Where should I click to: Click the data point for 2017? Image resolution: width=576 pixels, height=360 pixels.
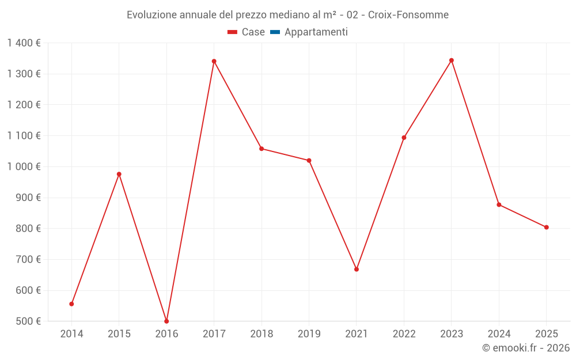click(214, 61)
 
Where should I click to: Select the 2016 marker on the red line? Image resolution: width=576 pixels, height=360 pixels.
click(166, 321)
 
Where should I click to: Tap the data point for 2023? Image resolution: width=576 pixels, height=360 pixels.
click(452, 60)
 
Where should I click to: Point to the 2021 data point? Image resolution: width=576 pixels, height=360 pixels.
click(357, 269)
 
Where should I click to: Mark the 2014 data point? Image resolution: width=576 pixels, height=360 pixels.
click(71, 304)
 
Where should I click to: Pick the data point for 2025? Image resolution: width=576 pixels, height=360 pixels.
click(546, 227)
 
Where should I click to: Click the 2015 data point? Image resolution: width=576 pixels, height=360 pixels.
click(119, 174)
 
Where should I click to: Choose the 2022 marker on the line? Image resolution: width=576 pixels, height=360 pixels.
click(404, 138)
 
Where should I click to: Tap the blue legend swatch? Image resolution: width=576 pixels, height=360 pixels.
click(275, 32)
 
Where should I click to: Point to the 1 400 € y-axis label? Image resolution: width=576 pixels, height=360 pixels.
click(24, 43)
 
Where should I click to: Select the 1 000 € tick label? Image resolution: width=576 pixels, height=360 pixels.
click(24, 166)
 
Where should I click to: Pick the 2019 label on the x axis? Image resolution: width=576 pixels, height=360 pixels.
click(309, 334)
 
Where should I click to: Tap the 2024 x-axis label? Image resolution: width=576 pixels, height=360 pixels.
click(499, 334)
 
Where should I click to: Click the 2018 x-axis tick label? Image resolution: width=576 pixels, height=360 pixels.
click(262, 334)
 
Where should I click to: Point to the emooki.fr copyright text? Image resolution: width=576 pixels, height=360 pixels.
click(525, 348)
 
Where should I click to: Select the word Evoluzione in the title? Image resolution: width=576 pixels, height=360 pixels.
click(152, 14)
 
